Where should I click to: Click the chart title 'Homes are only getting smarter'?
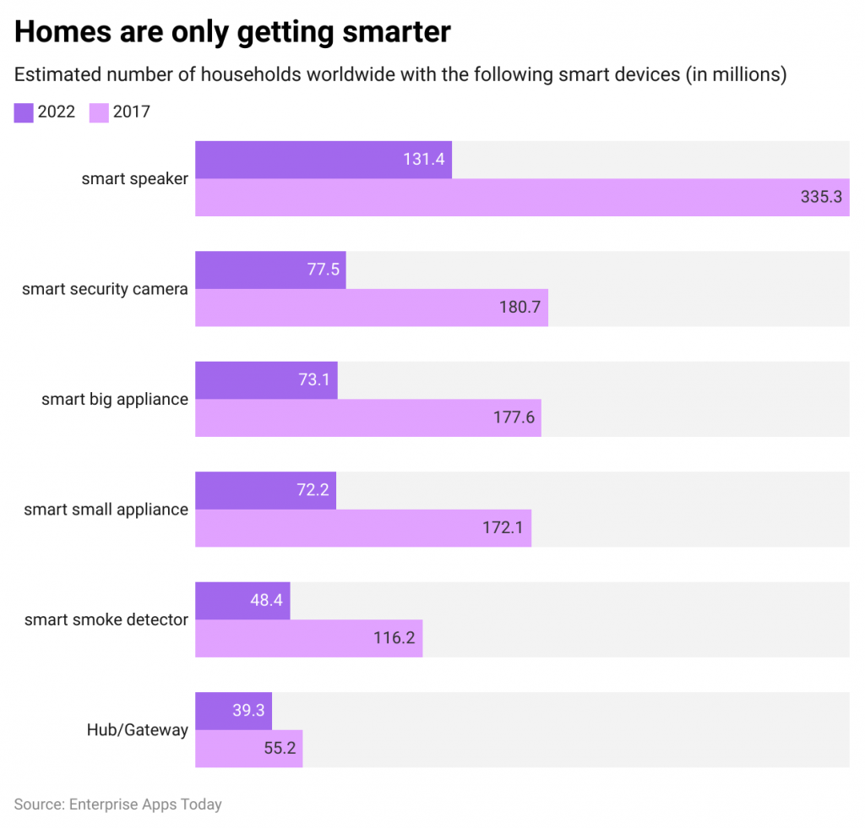tap(232, 31)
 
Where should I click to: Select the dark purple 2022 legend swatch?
tap(24, 112)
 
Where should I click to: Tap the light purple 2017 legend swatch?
tap(99, 112)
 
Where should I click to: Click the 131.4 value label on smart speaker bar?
tap(423, 160)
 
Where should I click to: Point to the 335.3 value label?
tap(821, 198)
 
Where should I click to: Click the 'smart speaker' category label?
tap(134, 178)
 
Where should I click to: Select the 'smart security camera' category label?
tap(105, 289)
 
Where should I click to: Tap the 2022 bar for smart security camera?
tap(270, 270)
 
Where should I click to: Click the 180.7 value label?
tap(520, 308)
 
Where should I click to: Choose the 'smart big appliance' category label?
tap(115, 399)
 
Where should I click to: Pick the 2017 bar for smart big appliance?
tap(367, 417)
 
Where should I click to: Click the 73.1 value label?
tap(313, 380)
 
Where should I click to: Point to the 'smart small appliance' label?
tap(106, 510)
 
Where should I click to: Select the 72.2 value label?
tap(313, 490)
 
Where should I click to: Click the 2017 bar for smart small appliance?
tap(363, 528)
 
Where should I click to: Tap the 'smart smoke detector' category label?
tap(106, 619)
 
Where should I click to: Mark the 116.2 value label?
tap(394, 638)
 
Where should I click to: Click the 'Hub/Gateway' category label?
tap(137, 730)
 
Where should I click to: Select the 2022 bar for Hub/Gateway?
tap(233, 711)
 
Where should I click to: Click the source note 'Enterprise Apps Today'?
tap(117, 804)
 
